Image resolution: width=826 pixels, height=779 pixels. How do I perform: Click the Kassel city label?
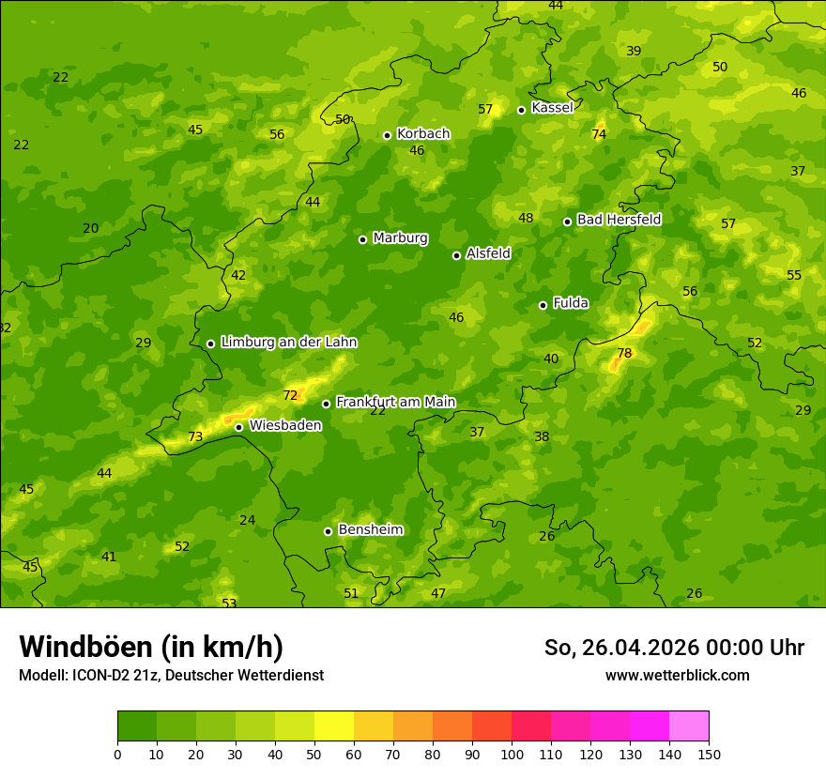[x=552, y=108]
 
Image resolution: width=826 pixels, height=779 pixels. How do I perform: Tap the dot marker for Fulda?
[x=543, y=305]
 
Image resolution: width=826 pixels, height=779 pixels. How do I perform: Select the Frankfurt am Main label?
[x=395, y=402]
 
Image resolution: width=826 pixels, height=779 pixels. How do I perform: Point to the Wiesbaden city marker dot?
[x=239, y=427]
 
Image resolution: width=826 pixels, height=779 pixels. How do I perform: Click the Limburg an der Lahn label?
[x=289, y=342]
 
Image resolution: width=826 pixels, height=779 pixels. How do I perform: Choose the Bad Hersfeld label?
[x=619, y=220]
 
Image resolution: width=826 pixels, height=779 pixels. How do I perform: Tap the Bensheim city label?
[x=371, y=529]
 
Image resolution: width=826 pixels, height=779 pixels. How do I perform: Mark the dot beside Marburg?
[x=363, y=239]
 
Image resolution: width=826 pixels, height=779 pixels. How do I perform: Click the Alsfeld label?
[x=488, y=253]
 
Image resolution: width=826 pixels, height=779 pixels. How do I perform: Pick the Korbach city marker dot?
[x=387, y=135]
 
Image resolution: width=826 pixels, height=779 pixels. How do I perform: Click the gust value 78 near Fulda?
[x=624, y=353]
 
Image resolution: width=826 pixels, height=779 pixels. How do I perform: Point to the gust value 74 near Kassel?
[x=599, y=134]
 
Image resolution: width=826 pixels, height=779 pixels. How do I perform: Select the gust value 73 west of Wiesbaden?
[x=195, y=436]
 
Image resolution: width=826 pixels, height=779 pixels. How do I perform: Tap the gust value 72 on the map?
[x=290, y=395]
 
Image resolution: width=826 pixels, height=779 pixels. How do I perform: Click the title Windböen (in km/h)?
[x=151, y=647]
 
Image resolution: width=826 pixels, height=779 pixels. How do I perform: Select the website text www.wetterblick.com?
[x=677, y=675]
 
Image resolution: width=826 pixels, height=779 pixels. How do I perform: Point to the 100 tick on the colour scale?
[x=512, y=753]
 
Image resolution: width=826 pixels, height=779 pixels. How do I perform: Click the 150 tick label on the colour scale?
[x=709, y=753]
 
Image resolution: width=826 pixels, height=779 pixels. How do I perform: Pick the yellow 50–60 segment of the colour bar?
[x=334, y=726]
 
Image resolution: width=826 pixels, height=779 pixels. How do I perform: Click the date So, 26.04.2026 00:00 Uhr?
[x=674, y=648]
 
